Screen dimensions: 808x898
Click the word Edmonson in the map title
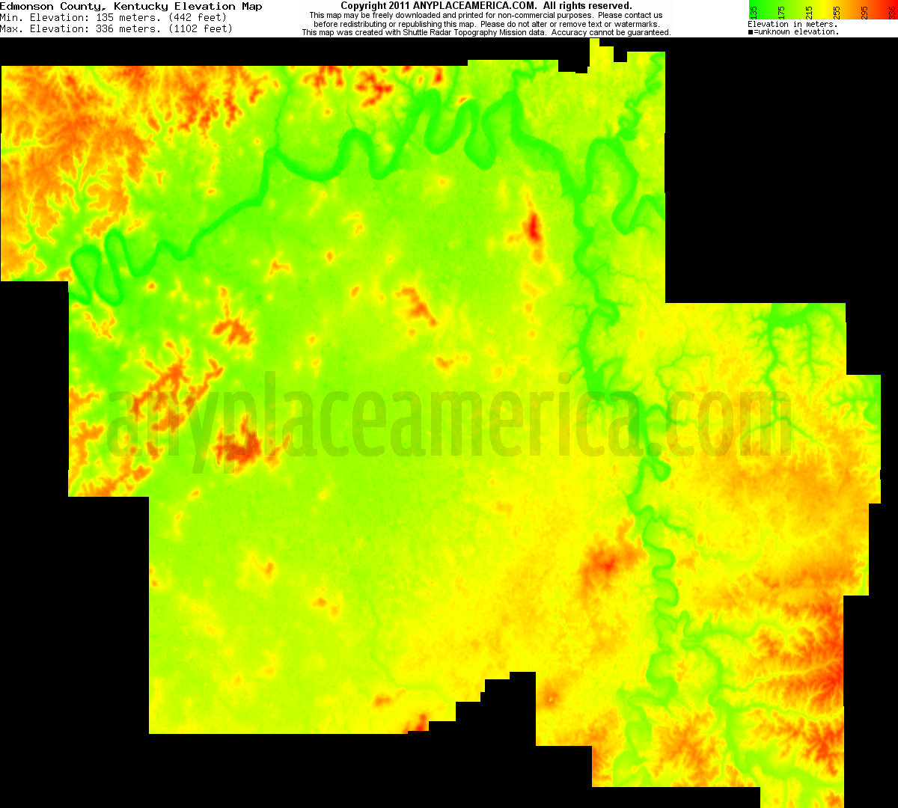click(x=24, y=6)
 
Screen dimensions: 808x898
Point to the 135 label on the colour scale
click(x=754, y=10)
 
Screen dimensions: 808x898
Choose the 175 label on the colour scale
click(x=781, y=10)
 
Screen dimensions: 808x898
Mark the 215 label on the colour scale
click(x=809, y=10)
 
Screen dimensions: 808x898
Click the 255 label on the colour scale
click(x=837, y=10)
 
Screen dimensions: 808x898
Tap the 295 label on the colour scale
click(x=864, y=10)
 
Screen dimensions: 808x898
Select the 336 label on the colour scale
click(x=892, y=10)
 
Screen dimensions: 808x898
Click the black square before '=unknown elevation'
click(x=751, y=32)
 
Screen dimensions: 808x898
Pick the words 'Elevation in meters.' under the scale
click(x=792, y=25)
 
